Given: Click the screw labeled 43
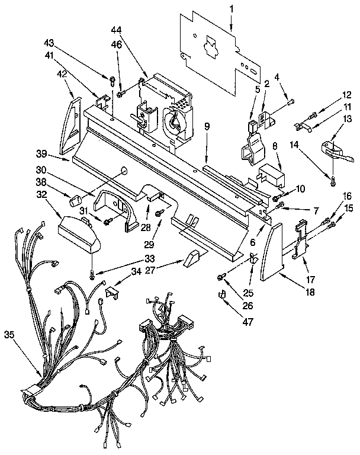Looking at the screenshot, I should pyautogui.click(x=111, y=78).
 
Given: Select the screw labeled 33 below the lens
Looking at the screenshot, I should pyautogui.click(x=92, y=274).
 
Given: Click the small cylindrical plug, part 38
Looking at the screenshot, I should pyautogui.click(x=75, y=201).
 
